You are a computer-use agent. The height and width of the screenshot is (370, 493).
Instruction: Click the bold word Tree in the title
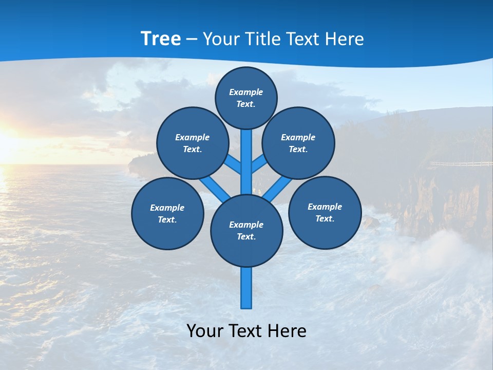click(x=161, y=39)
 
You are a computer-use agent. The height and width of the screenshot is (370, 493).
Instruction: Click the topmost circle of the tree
click(x=246, y=98)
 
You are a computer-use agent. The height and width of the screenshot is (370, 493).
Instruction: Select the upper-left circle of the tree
click(x=193, y=143)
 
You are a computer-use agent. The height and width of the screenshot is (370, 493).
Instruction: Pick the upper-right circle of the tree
click(x=298, y=143)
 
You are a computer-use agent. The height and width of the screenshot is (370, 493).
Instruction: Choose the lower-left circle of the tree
click(x=167, y=213)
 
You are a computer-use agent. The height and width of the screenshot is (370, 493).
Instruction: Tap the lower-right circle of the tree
click(x=325, y=212)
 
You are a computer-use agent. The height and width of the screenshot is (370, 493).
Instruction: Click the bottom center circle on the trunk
click(x=246, y=231)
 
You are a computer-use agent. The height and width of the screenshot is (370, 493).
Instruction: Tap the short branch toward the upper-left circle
click(x=234, y=164)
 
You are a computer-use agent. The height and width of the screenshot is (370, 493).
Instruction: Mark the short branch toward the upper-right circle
click(x=259, y=164)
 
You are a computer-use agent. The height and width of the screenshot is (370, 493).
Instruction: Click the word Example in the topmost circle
click(x=246, y=92)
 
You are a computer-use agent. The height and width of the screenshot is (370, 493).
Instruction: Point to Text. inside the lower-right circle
click(x=325, y=218)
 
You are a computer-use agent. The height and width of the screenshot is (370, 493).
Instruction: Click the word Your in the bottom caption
click(x=204, y=331)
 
